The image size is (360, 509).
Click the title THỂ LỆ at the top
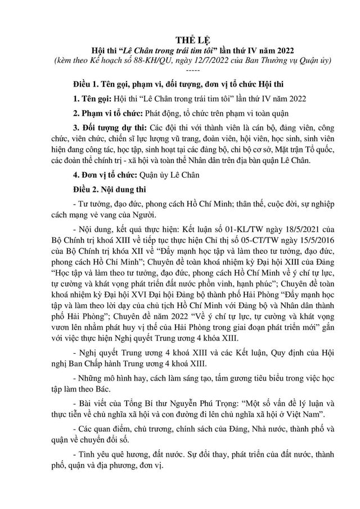[x=181, y=39]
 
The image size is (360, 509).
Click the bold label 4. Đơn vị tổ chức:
[x=109, y=175]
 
